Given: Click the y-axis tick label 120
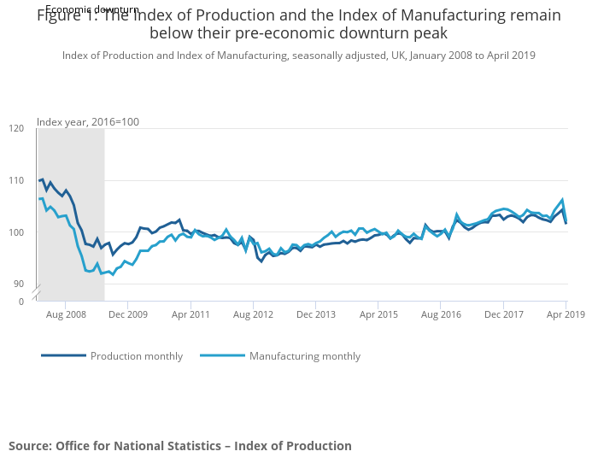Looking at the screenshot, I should tap(16, 128).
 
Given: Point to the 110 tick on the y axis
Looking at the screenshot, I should tap(16, 180).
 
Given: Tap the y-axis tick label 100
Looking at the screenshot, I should tap(16, 232).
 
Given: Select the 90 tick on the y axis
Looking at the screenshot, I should tap(19, 284).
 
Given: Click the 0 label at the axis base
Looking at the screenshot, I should tap(21, 302).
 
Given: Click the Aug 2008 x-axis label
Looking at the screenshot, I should tap(65, 314).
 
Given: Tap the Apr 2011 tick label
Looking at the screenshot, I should tap(191, 314).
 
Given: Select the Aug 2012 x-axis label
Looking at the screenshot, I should tap(253, 314).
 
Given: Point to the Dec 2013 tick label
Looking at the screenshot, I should tap(315, 314).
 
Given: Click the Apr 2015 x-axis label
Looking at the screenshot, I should tap(378, 314).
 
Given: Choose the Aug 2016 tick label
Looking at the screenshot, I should tap(441, 314).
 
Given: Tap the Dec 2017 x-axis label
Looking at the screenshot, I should tap(503, 314).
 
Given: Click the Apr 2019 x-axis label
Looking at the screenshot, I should tap(565, 314).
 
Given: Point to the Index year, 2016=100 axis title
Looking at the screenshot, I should tap(87, 121).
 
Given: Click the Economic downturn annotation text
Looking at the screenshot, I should tap(92, 9).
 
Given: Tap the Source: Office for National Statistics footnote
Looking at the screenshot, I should tap(180, 446).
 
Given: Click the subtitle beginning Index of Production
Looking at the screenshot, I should tap(299, 56).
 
